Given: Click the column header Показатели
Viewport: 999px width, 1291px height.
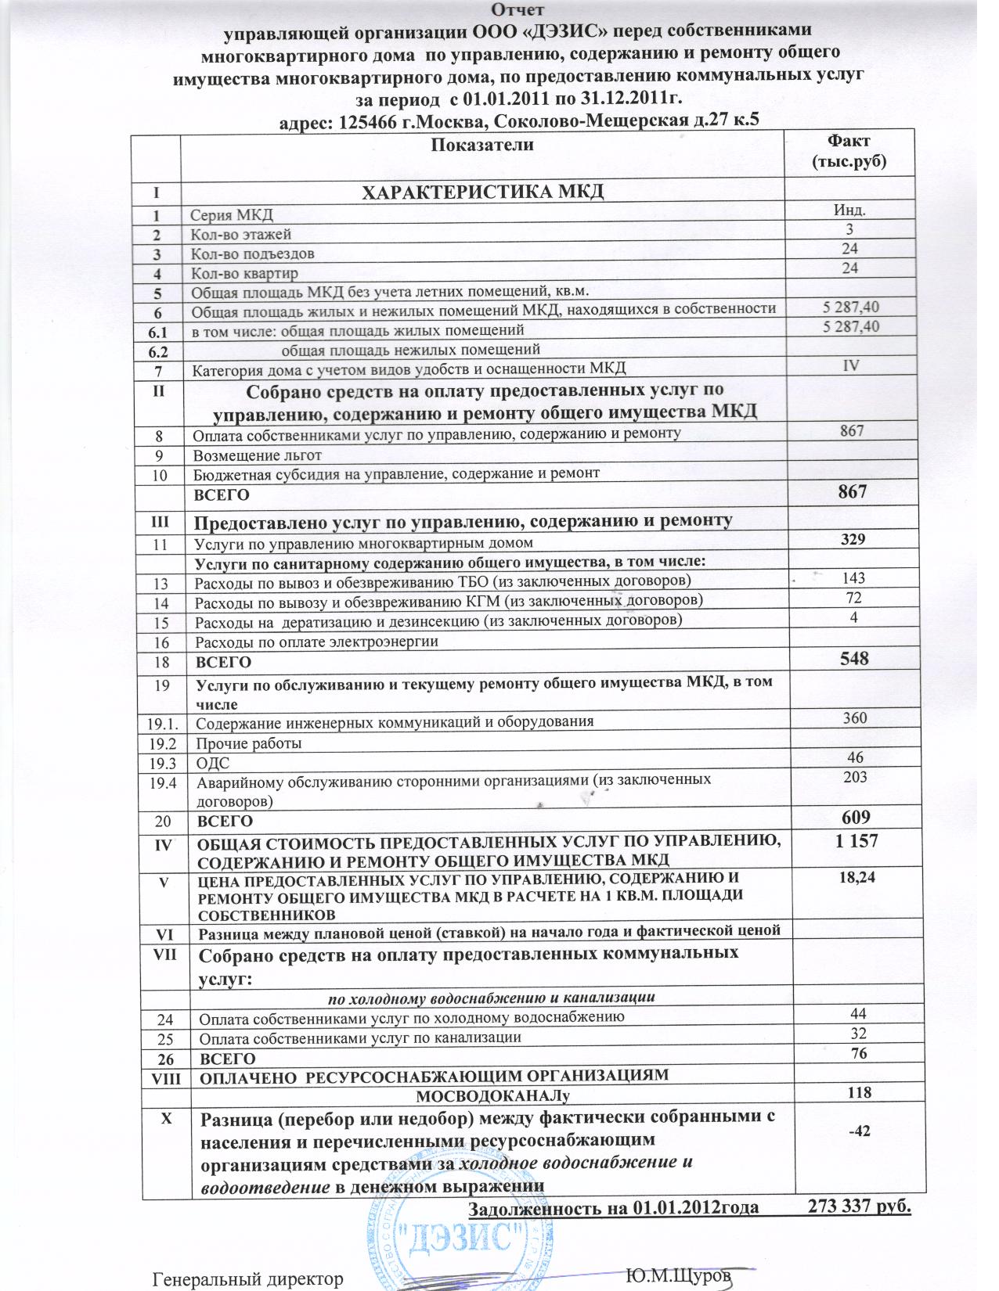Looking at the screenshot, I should point(482,145).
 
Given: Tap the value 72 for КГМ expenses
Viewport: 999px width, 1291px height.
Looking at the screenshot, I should point(853,598).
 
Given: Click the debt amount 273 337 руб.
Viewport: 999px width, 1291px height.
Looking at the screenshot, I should point(860,1206).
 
